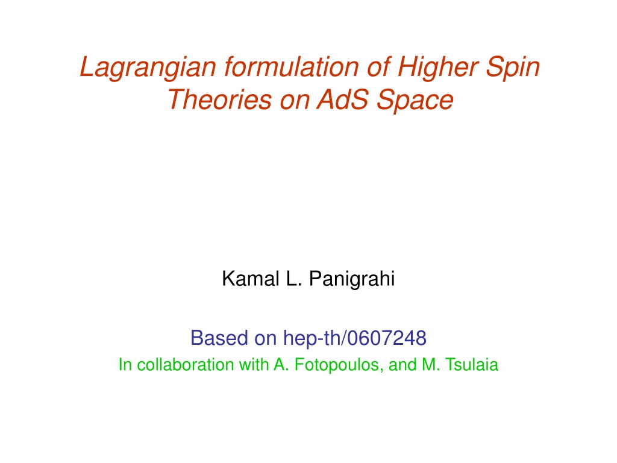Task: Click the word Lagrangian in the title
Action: tap(148, 68)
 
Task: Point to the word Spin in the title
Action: tap(513, 68)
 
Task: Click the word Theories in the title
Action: tap(219, 99)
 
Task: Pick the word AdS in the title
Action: tap(343, 99)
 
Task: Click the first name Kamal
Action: tap(251, 279)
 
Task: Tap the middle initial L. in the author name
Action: tap(294, 279)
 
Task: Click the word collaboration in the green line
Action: tap(186, 365)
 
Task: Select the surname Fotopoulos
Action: tap(337, 365)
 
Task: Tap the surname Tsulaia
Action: tap(471, 365)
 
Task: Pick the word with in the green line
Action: tap(254, 365)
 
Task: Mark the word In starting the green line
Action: tap(125, 365)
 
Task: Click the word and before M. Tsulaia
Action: tap(402, 365)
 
